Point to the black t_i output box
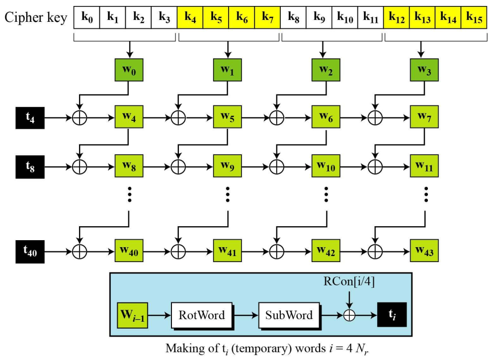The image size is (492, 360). tap(391, 314)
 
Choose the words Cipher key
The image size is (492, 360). tap(36, 17)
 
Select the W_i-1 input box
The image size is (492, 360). tap(133, 314)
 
